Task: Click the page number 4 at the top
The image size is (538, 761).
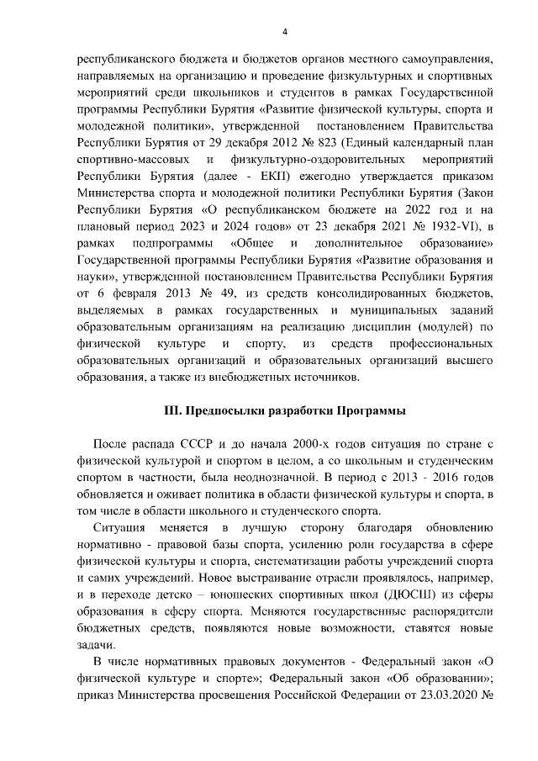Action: tap(284, 32)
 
